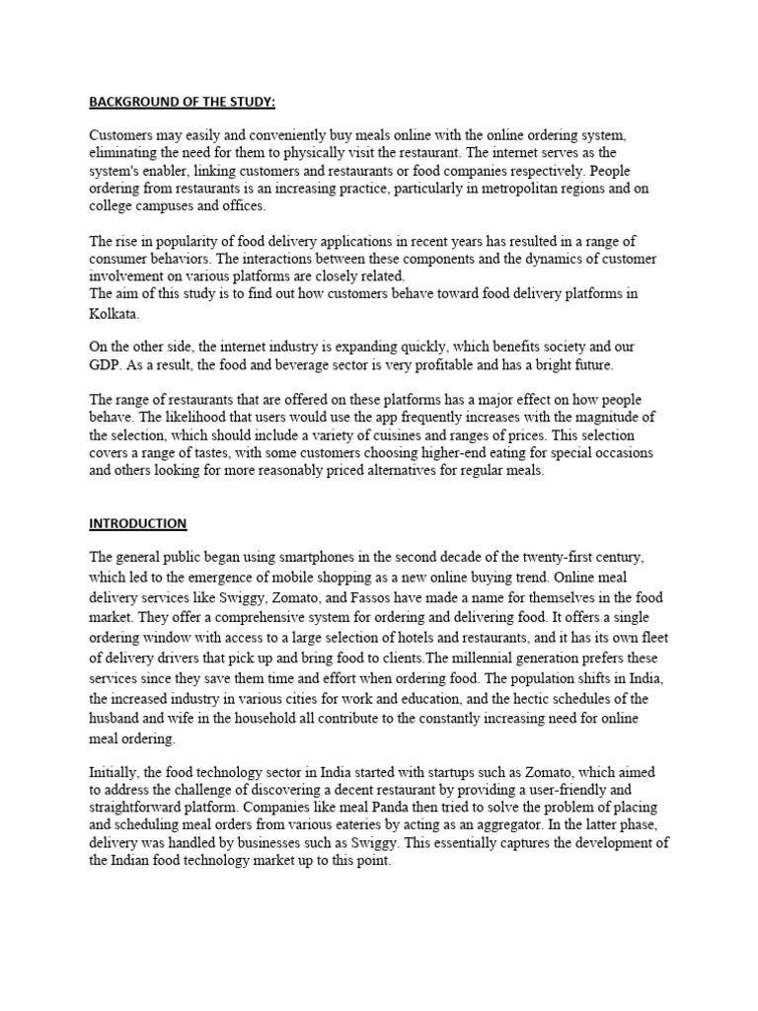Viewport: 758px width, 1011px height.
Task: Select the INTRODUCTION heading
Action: (138, 523)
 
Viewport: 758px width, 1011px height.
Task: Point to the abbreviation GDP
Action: (106, 364)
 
